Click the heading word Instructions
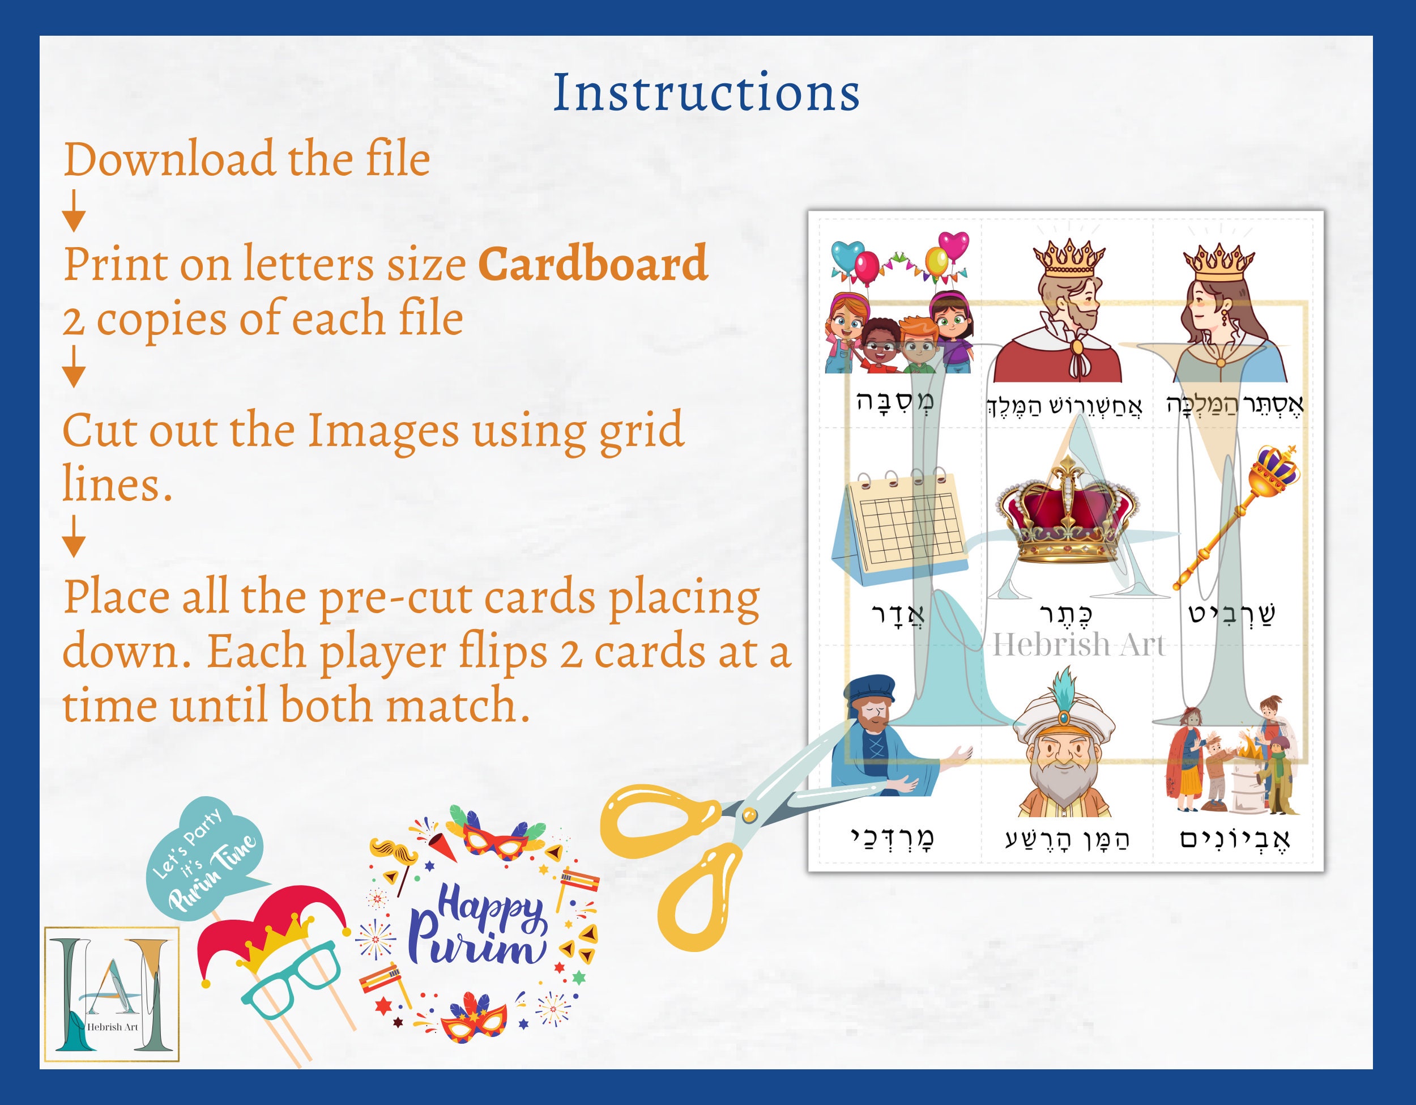[x=706, y=93]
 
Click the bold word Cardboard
[x=592, y=264]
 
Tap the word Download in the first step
[x=169, y=160]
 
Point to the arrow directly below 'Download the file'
[x=74, y=211]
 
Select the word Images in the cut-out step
[x=382, y=431]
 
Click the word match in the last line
[x=454, y=705]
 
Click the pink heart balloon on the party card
[x=953, y=245]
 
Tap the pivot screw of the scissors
[x=749, y=815]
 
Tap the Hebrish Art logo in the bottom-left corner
[x=112, y=993]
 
